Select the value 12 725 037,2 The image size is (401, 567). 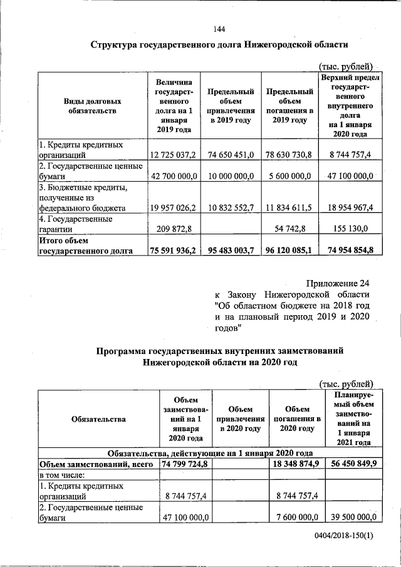click(x=172, y=154)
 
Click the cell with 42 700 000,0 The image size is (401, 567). click(x=172, y=177)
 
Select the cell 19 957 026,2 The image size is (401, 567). click(x=172, y=207)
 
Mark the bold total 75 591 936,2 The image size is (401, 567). click(x=174, y=251)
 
